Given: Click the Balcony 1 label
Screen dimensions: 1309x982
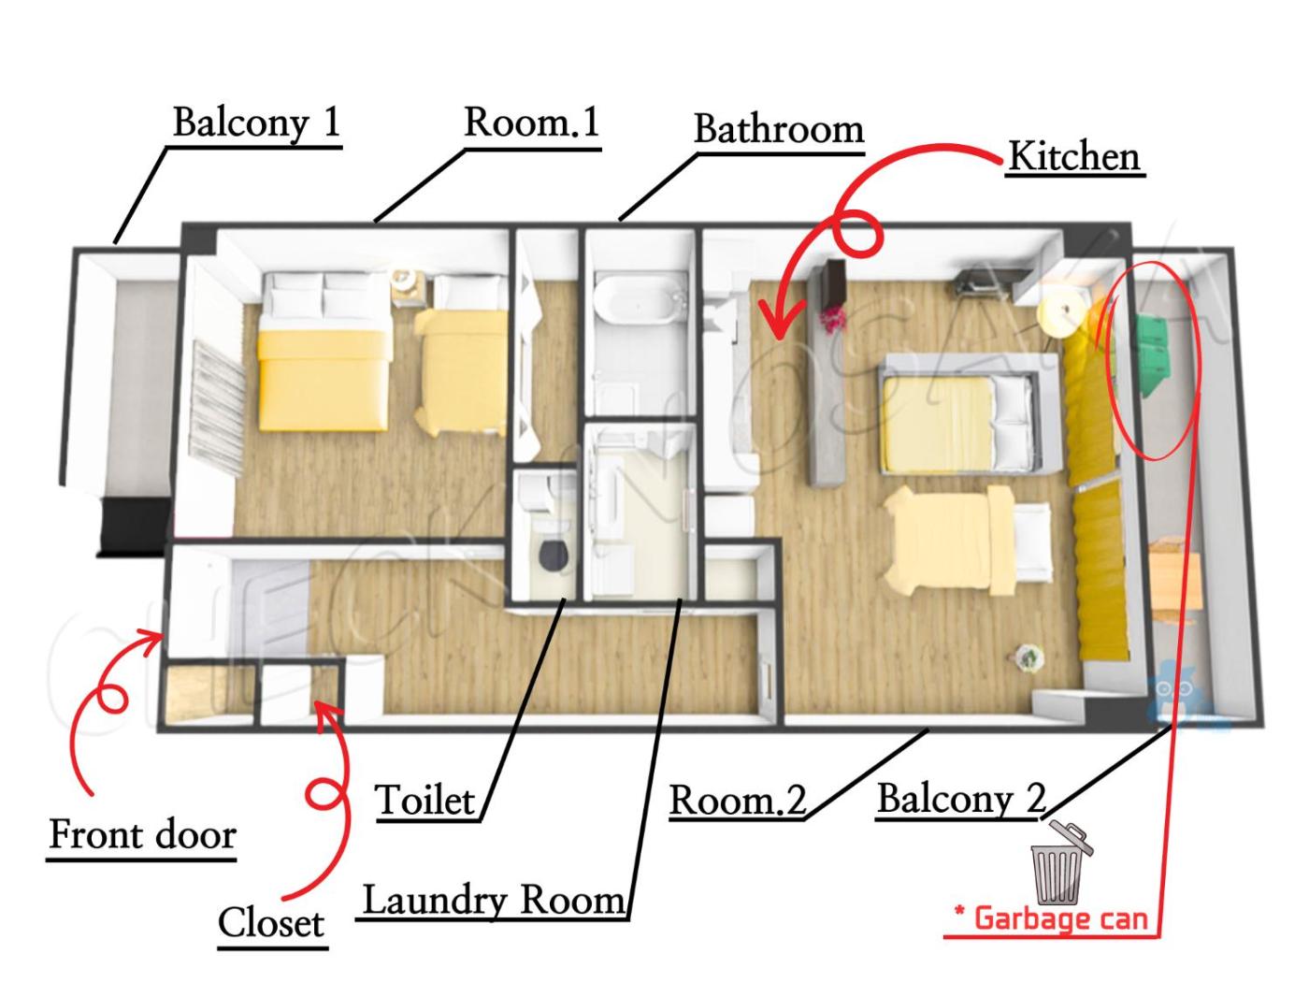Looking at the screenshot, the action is (256, 123).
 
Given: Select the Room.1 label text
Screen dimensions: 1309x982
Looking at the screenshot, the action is (531, 122).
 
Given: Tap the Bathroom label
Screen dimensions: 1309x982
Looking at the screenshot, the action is (779, 129).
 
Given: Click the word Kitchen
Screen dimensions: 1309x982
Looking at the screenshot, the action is (1074, 157).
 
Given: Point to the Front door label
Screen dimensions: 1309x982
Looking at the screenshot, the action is (142, 834).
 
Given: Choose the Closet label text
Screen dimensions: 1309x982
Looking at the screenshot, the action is (271, 923).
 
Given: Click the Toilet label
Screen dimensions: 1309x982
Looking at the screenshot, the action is (425, 800).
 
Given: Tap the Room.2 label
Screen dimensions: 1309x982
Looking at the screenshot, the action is (739, 800).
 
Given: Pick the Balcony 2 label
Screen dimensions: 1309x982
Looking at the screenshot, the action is (962, 798).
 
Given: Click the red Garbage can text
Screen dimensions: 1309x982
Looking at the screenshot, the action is (1051, 918).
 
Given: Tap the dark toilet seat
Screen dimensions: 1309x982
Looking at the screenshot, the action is (553, 556).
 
